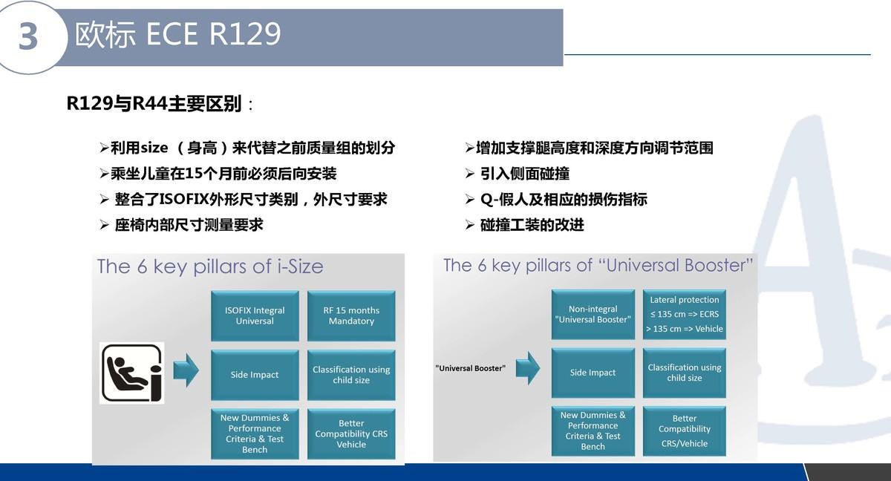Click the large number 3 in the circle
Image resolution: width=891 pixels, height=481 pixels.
coord(28,36)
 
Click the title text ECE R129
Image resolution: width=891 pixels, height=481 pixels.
coord(214,34)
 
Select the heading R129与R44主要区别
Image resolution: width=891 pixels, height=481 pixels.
coord(154,104)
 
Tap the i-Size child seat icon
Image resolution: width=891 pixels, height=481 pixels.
coord(131,373)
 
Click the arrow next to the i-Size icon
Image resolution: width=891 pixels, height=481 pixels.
coord(186,370)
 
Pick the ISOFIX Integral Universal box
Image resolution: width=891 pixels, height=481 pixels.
coord(255,315)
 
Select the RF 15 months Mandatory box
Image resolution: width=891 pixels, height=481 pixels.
coord(351,315)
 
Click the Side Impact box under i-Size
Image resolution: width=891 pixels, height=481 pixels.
coord(255,375)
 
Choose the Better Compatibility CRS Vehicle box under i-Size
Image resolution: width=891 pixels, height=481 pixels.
coord(351,433)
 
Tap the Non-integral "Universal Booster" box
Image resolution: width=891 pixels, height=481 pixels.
coord(593,315)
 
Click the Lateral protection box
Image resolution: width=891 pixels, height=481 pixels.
coord(684,315)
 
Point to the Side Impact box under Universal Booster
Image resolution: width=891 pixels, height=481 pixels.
coord(593,373)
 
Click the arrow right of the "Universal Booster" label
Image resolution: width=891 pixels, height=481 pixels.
coord(528,367)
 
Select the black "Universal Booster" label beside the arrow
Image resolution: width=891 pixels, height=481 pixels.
coord(471,368)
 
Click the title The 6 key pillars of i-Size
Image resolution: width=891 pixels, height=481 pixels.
coord(210,266)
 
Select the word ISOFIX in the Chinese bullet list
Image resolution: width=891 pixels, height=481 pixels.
coord(184,199)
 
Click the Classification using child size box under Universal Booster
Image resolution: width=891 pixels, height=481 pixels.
coord(684,373)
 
